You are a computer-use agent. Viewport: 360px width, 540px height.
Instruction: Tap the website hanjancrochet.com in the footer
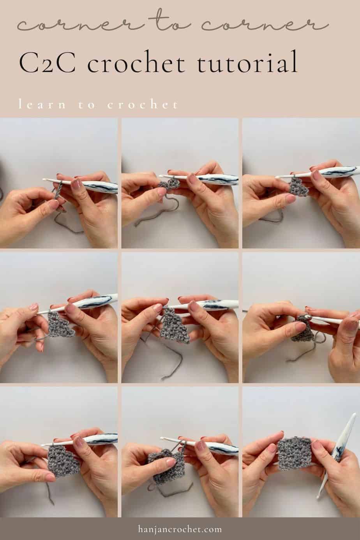coord(180,529)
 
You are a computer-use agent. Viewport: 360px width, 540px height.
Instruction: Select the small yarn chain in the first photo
coord(56,191)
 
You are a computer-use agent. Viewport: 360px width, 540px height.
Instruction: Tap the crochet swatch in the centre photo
coord(175,325)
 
